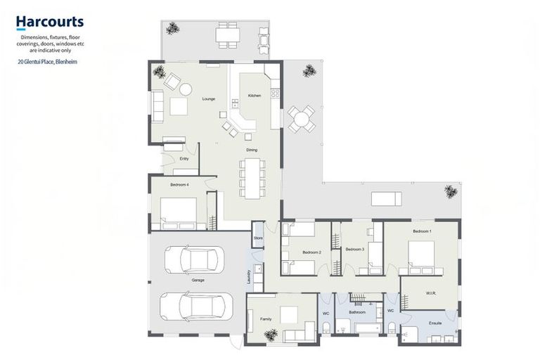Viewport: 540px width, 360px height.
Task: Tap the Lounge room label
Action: (x=209, y=99)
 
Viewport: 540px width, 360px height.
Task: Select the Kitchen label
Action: (x=255, y=95)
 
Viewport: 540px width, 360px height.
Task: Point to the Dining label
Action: (x=251, y=150)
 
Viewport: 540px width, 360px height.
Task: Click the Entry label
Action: (x=184, y=159)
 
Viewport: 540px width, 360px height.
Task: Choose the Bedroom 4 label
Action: (x=179, y=184)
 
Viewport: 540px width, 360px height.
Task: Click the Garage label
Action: (x=198, y=280)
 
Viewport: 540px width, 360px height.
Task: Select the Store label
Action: (x=258, y=239)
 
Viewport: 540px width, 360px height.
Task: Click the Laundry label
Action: (x=249, y=277)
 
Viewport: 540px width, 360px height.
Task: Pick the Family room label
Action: (x=266, y=319)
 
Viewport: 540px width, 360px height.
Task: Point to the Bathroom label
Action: (x=357, y=311)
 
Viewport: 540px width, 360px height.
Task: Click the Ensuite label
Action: (x=435, y=323)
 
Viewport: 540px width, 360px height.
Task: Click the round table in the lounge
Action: (x=186, y=89)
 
